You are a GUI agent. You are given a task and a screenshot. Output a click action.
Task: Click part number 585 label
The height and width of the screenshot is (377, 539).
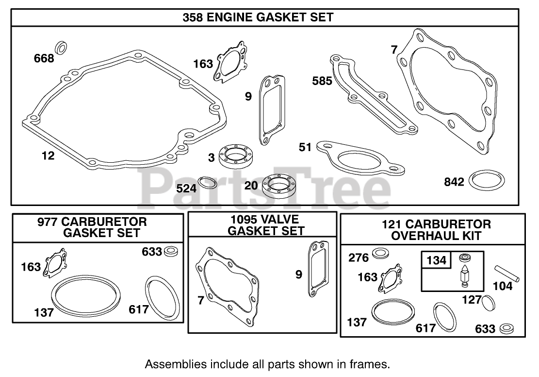(x=322, y=81)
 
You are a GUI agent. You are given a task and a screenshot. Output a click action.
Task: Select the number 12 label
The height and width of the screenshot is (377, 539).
(x=48, y=156)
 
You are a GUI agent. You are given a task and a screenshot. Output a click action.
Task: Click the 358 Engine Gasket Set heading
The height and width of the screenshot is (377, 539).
(x=258, y=17)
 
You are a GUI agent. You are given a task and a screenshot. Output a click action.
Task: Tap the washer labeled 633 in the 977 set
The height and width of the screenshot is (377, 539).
(x=171, y=252)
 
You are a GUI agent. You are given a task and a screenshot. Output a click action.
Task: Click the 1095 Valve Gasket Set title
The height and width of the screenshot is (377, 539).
(x=262, y=225)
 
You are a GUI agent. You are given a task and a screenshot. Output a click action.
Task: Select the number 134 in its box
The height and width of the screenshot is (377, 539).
(x=436, y=261)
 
